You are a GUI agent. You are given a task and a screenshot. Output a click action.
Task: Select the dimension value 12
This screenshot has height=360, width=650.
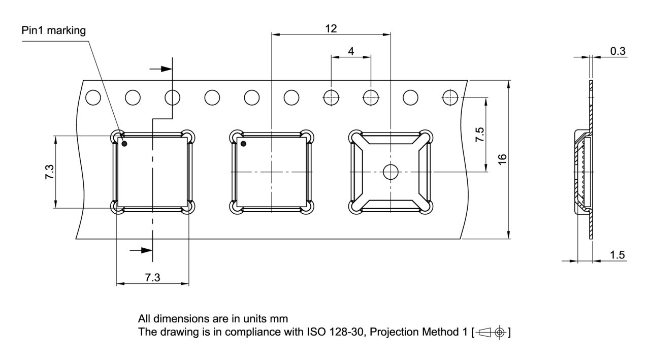(331, 28)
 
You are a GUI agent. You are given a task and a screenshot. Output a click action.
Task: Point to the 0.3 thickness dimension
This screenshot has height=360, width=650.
(618, 51)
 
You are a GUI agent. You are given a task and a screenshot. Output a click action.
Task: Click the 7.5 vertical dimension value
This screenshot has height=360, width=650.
(480, 135)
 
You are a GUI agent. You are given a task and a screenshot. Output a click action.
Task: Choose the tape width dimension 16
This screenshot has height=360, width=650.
(502, 159)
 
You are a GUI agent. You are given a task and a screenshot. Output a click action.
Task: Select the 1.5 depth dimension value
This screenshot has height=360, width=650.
(617, 255)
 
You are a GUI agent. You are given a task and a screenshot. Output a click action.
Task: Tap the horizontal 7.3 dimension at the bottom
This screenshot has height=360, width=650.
(152, 278)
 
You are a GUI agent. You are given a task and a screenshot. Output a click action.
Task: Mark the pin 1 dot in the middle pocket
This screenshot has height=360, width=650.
(243, 144)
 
